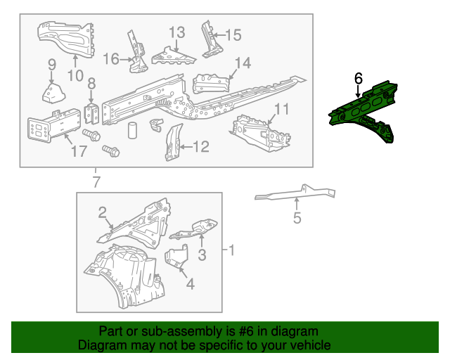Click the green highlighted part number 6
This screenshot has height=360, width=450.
[x=362, y=110]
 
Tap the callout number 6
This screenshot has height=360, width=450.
[x=359, y=78]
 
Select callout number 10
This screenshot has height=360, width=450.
[x=75, y=76]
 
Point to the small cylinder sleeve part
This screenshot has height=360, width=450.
[x=132, y=130]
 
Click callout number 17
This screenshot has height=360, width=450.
[x=79, y=151]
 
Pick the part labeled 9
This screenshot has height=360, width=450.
[x=53, y=92]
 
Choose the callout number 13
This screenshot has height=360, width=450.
[x=176, y=32]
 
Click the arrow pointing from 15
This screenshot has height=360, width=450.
[x=218, y=35]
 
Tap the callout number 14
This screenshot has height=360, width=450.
[x=243, y=63]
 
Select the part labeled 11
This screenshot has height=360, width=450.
[x=259, y=134]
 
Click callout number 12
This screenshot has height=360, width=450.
[x=201, y=146]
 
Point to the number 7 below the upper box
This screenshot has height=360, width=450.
[x=96, y=182]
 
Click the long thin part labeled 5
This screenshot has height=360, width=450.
[x=295, y=193]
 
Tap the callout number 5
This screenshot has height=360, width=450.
[x=297, y=217]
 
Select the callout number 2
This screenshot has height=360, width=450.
[x=103, y=213]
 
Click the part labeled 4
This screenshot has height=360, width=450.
[x=176, y=256]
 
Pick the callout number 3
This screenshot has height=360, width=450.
[x=202, y=255]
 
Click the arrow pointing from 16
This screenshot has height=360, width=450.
[x=126, y=60]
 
